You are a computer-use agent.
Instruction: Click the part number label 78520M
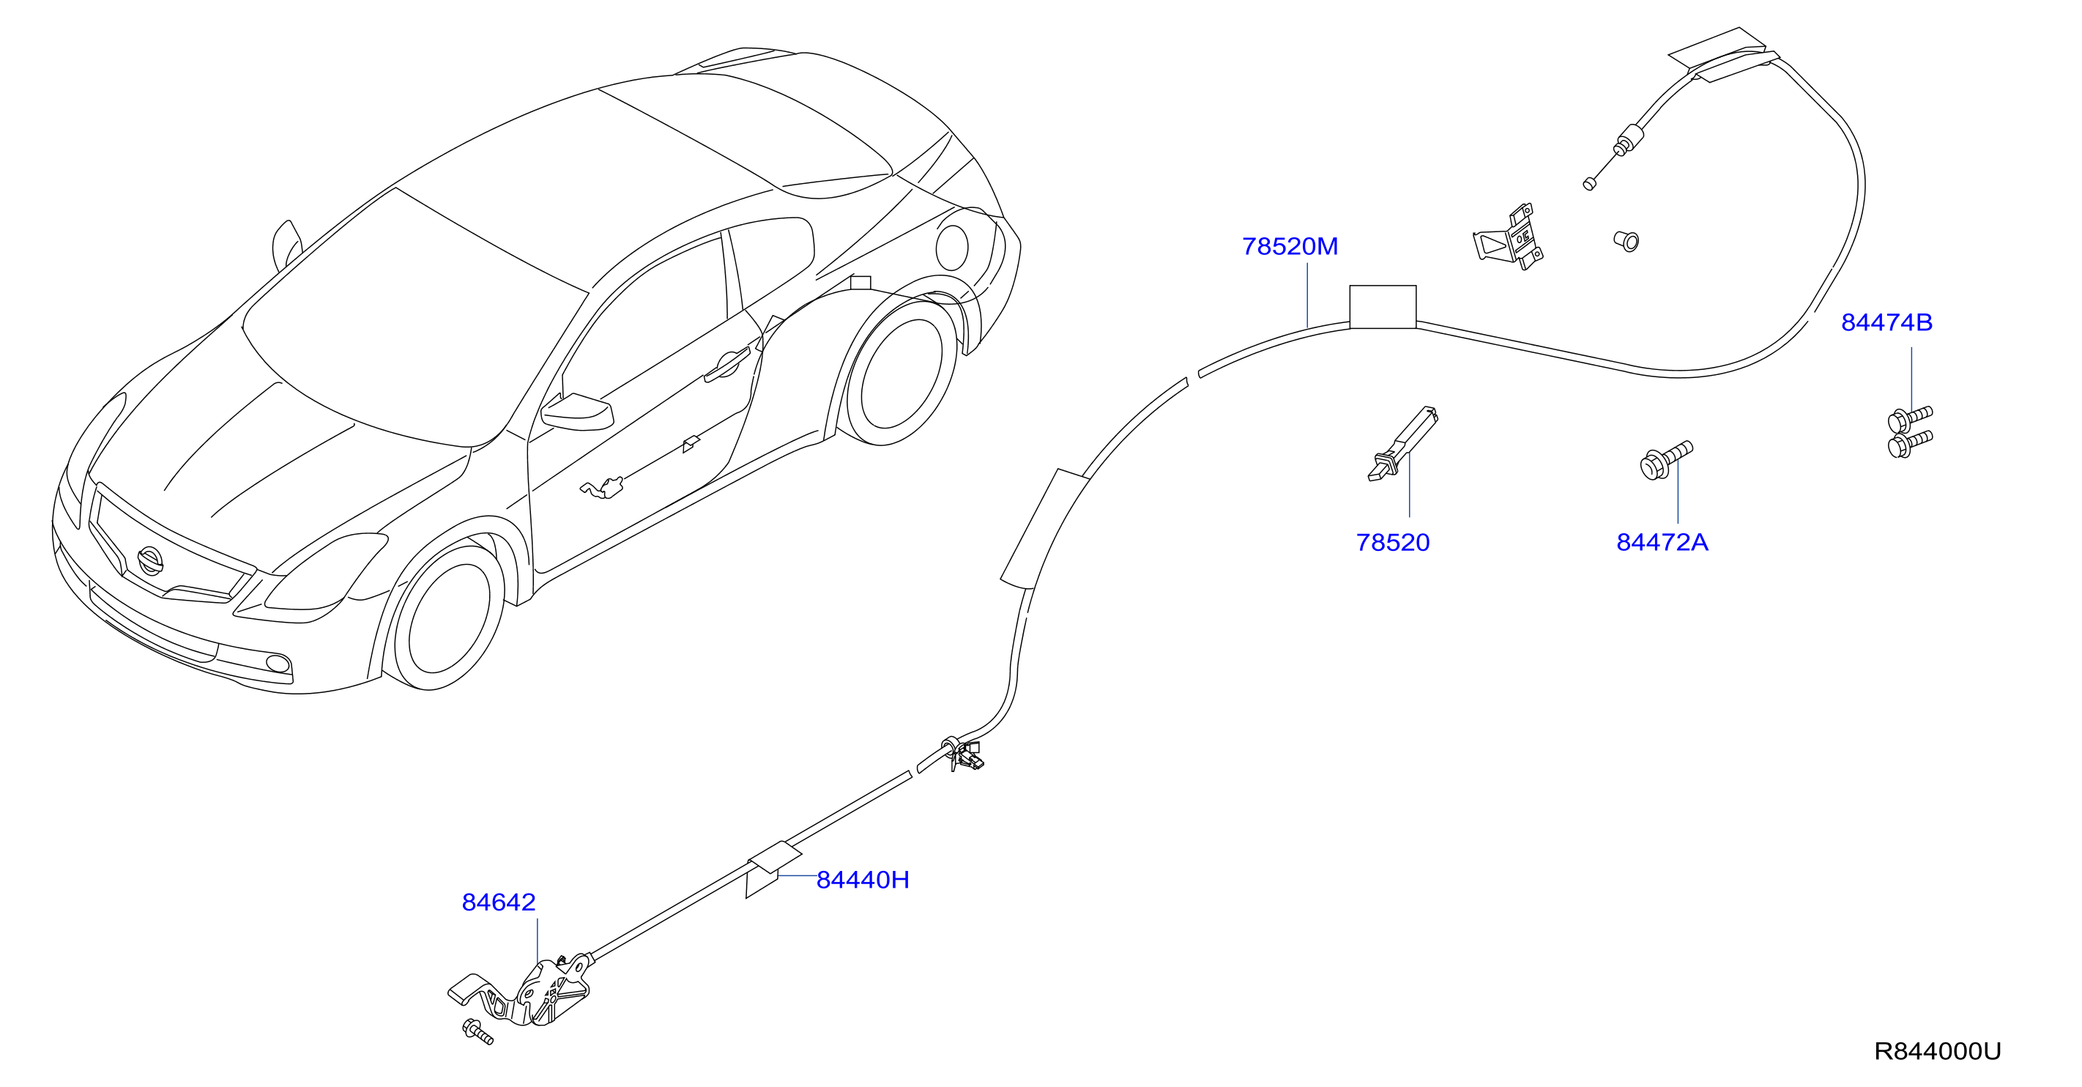[1290, 247]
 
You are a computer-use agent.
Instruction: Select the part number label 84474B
[1886, 322]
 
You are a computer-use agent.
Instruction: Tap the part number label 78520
[1393, 542]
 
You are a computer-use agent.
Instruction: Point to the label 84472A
[1662, 542]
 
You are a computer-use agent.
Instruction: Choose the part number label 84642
[499, 902]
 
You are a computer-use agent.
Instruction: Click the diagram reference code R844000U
[1937, 1050]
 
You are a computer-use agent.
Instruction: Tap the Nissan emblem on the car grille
[150, 560]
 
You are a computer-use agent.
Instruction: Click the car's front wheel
[446, 617]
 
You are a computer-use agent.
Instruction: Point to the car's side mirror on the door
[577, 412]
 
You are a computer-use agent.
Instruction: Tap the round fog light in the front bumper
[278, 664]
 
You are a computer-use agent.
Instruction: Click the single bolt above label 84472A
[1666, 460]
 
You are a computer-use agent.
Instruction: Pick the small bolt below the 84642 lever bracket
[477, 1032]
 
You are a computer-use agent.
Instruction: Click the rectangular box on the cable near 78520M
[1383, 306]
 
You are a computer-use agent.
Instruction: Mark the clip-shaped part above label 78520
[1402, 444]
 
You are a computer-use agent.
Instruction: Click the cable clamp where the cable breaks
[964, 753]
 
